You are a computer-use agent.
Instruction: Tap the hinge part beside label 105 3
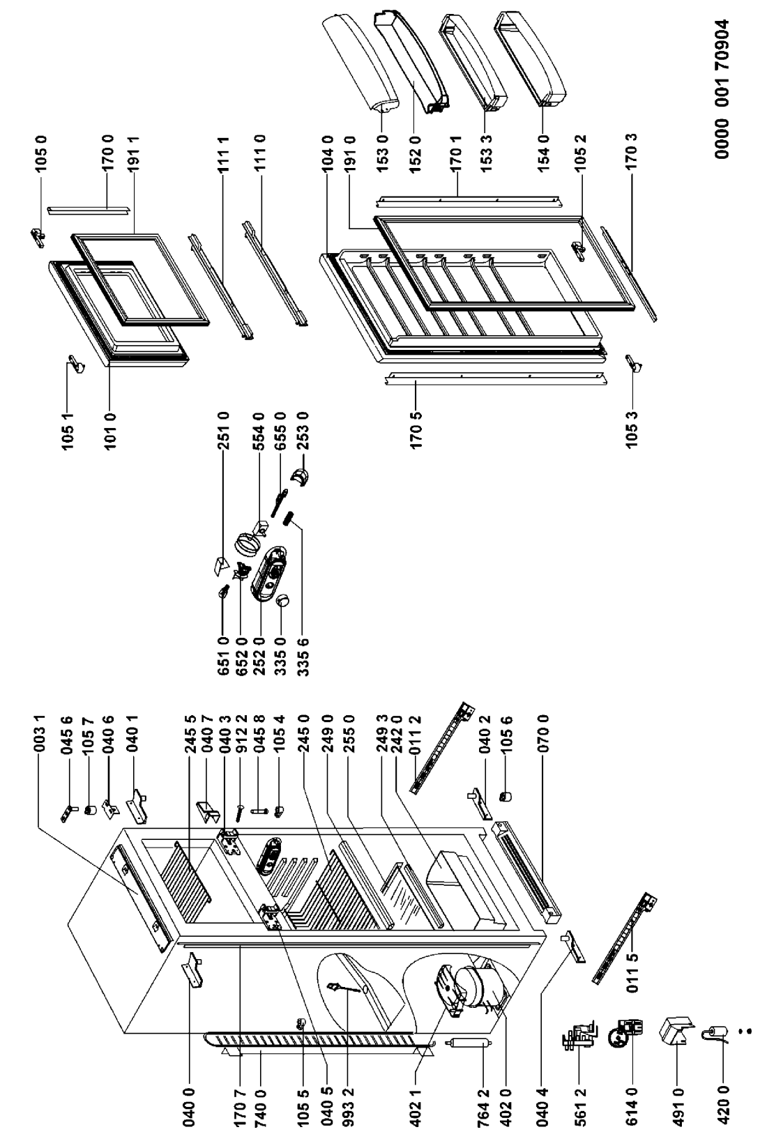pos(635,363)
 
